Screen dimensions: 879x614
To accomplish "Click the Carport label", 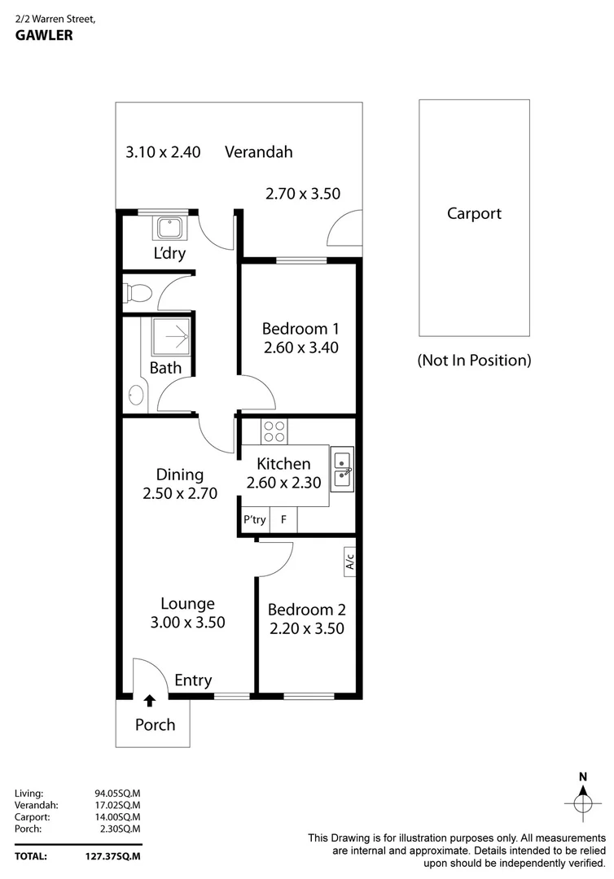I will point(474,214).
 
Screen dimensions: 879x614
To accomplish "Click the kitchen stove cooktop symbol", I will point(274,431).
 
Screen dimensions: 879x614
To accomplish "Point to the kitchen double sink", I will point(343,470).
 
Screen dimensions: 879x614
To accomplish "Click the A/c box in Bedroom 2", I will point(350,562).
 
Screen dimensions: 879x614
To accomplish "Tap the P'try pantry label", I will point(255,519).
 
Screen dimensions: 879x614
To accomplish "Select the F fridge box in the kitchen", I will point(283,519).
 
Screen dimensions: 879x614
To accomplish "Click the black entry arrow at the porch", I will point(150,699).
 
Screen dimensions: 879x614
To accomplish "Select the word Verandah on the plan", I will point(259,151).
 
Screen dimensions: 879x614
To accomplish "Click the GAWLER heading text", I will point(43,36).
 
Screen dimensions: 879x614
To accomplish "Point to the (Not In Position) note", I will point(474,360).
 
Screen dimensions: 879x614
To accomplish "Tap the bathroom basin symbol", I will point(135,396).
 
